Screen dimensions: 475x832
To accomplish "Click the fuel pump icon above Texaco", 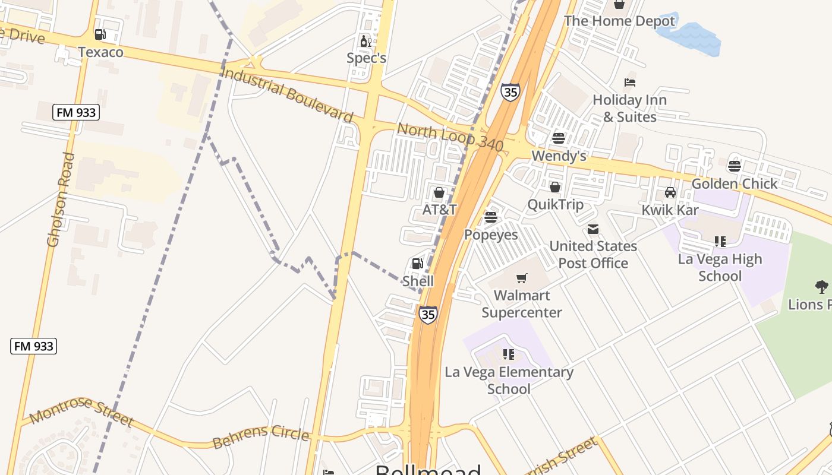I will click(x=100, y=35).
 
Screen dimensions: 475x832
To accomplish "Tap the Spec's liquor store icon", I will click(x=365, y=42).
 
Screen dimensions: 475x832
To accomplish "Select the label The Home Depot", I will click(x=619, y=21).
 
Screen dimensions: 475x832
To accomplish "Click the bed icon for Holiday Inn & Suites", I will click(x=630, y=83).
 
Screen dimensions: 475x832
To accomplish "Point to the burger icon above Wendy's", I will click(x=558, y=138).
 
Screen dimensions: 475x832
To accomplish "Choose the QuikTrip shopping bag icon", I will click(x=555, y=188).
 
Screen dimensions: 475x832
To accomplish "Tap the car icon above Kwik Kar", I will click(x=670, y=192).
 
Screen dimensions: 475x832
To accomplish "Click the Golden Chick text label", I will click(x=735, y=183).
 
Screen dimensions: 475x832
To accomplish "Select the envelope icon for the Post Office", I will click(x=593, y=229).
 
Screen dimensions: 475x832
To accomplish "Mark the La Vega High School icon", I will click(x=720, y=242).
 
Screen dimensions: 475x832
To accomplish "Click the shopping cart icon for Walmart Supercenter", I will click(x=522, y=278).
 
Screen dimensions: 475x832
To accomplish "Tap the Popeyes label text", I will click(x=491, y=235).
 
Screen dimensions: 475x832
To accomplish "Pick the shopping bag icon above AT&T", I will click(x=439, y=192).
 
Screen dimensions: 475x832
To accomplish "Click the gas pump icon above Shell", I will click(x=417, y=264).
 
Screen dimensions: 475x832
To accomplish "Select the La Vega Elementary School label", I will click(x=509, y=380).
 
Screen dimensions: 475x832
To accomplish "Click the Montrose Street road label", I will click(x=81, y=411).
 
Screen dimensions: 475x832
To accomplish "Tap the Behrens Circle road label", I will click(x=261, y=437).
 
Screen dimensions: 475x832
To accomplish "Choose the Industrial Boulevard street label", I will click(x=287, y=94).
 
